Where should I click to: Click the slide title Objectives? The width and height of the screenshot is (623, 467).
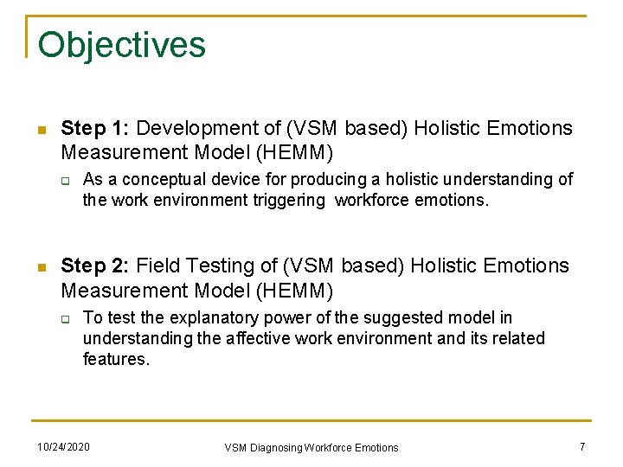click(x=121, y=45)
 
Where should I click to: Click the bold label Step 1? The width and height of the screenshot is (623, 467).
click(x=95, y=129)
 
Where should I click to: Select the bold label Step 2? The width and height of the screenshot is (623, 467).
click(x=95, y=266)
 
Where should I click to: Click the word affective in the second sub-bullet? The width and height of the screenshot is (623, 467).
click(x=266, y=338)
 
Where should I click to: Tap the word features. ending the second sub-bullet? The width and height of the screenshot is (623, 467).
click(x=116, y=359)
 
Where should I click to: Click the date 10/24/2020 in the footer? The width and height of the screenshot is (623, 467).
click(x=63, y=446)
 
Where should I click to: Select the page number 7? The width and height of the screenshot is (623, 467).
click(x=582, y=446)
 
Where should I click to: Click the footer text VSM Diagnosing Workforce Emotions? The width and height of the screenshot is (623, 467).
click(x=311, y=447)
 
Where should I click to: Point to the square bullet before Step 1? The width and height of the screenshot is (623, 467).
click(x=40, y=130)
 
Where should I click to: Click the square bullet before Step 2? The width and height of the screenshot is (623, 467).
click(x=40, y=267)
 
